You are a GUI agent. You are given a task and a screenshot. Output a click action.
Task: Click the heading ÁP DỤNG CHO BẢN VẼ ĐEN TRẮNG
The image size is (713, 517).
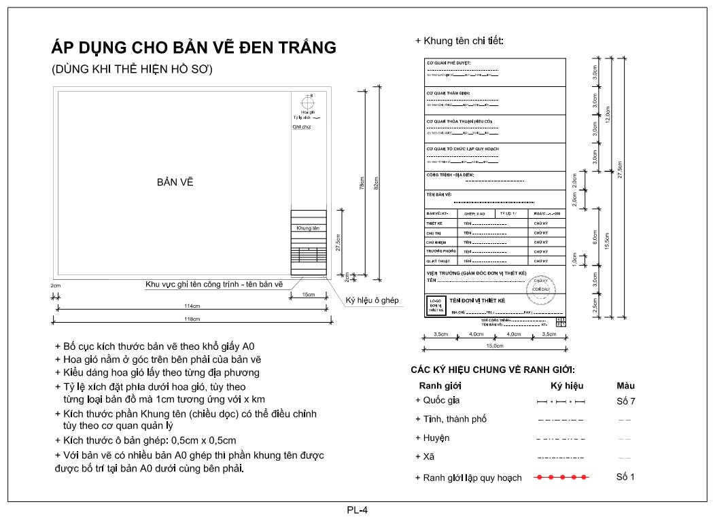(x=194, y=48)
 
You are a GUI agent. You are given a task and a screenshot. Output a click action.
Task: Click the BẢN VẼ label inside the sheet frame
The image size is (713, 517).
(x=171, y=183)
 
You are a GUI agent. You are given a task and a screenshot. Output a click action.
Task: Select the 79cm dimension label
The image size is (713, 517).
(x=362, y=183)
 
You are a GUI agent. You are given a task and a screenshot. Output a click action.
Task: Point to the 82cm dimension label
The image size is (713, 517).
(x=377, y=183)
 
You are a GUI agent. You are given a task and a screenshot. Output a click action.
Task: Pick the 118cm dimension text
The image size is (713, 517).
(x=191, y=319)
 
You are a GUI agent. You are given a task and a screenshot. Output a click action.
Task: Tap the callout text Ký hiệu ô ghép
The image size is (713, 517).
(x=372, y=300)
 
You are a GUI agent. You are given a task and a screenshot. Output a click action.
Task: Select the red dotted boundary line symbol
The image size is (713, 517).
(x=561, y=478)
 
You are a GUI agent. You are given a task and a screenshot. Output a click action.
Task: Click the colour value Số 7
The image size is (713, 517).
(x=625, y=401)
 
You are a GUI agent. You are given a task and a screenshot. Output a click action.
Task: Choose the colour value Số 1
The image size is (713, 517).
(x=625, y=477)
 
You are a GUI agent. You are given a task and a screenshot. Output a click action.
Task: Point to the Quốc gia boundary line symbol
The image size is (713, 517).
(x=561, y=402)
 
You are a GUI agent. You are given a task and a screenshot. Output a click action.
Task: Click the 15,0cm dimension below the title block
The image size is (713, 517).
(x=495, y=346)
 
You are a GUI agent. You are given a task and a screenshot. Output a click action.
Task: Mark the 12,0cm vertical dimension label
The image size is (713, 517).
(x=608, y=114)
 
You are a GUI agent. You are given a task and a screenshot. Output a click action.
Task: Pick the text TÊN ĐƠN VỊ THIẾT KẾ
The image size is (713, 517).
(x=477, y=300)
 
